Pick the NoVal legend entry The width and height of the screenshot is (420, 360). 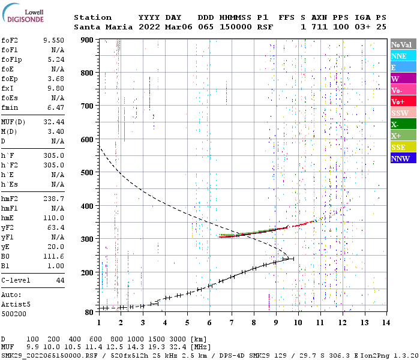(403, 44)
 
